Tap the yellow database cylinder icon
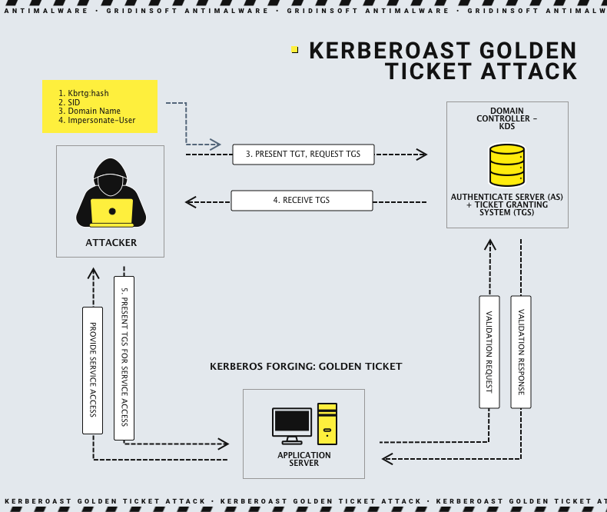point(507,165)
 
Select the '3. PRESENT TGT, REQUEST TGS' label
point(303,155)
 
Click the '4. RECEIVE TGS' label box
point(301,201)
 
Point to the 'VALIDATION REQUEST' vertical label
point(489,351)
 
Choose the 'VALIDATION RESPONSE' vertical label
point(522,351)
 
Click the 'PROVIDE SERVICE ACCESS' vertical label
point(93,369)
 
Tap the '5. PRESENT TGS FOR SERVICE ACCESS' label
point(124,357)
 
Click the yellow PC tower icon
point(327,424)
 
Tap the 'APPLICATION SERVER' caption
point(304,460)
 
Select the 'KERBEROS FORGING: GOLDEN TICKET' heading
point(306,367)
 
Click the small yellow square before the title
point(294,50)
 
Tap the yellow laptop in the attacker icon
point(111,211)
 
